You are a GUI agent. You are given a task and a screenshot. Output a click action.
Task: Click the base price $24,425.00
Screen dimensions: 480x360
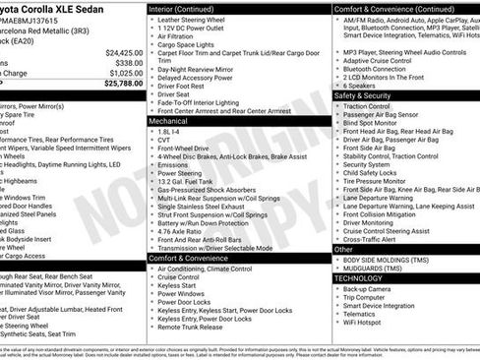point(122,52)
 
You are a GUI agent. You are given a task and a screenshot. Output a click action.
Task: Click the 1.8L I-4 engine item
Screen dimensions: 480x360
point(170,131)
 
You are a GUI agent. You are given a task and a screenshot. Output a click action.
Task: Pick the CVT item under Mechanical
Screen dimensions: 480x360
point(163,140)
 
